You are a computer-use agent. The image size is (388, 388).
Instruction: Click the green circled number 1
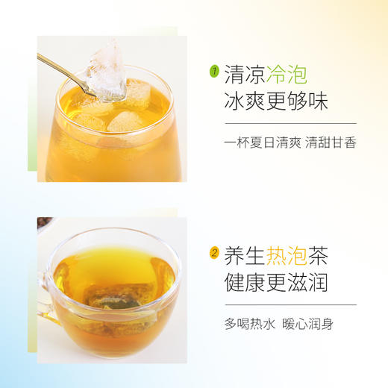tap(214, 72)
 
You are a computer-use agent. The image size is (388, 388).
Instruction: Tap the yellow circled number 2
tap(214, 254)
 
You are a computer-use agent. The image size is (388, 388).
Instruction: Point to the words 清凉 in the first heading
tap(244, 73)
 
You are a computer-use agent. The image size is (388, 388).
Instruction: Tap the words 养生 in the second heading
tap(244, 254)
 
